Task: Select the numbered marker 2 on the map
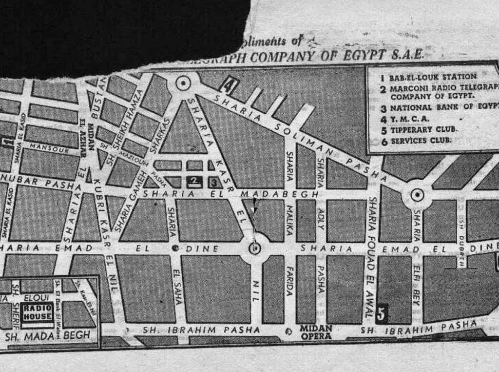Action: [x=193, y=182]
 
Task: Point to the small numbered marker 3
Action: [x=213, y=182]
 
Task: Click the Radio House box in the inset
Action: [x=37, y=312]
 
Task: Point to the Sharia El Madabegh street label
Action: [x=234, y=194]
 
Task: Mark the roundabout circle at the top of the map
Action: [x=183, y=83]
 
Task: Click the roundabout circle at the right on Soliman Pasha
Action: [x=417, y=195]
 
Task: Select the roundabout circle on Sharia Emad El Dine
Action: [x=255, y=248]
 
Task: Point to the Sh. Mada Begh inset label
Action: [x=47, y=335]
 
